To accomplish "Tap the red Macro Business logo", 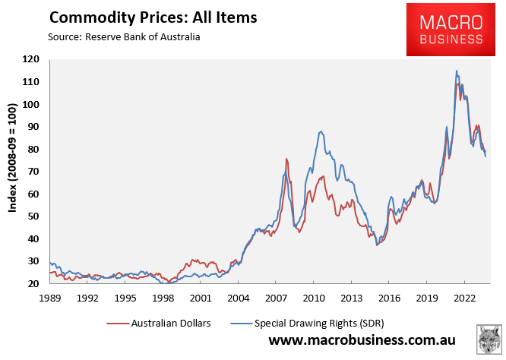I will pyautogui.click(x=444, y=30).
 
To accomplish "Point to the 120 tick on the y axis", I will pyautogui.click(x=31, y=59).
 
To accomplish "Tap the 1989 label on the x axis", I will pyautogui.click(x=49, y=298).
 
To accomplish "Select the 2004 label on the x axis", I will pyautogui.click(x=238, y=298).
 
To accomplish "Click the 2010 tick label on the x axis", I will pyautogui.click(x=314, y=298).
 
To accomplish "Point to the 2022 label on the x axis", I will pyautogui.click(x=464, y=298).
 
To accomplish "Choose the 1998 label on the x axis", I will pyautogui.click(x=163, y=298).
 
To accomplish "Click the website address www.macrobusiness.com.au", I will pyautogui.click(x=361, y=342).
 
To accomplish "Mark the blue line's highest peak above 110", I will pyautogui.click(x=457, y=71).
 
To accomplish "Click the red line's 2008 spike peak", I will pyautogui.click(x=286, y=159).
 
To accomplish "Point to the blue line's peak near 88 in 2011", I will pyautogui.click(x=321, y=131).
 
